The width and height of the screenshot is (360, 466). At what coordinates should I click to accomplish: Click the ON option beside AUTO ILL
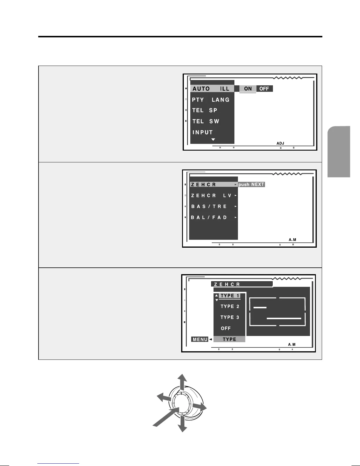(x=248, y=89)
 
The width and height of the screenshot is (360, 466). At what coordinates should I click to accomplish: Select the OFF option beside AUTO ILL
(x=264, y=89)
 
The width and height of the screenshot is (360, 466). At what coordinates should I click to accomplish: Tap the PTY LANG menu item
(x=211, y=100)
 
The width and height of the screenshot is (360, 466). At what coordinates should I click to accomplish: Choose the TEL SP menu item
(x=205, y=110)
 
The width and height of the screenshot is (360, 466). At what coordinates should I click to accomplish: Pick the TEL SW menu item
(x=206, y=121)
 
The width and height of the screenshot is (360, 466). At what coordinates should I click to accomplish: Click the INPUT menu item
(x=203, y=132)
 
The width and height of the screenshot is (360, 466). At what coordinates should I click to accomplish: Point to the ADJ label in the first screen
(x=280, y=143)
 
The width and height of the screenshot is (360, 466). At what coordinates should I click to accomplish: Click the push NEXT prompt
(x=251, y=184)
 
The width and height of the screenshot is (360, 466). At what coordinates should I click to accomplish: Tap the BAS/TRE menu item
(x=209, y=207)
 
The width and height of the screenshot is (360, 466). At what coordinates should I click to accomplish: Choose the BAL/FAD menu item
(x=209, y=217)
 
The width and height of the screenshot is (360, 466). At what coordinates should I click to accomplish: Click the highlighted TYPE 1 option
(x=230, y=296)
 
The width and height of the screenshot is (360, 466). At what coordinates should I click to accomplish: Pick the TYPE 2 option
(x=230, y=307)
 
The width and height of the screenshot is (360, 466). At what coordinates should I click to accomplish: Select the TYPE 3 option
(x=230, y=317)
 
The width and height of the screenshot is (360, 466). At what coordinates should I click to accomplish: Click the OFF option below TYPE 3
(x=226, y=328)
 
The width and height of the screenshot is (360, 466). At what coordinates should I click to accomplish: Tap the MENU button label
(x=200, y=339)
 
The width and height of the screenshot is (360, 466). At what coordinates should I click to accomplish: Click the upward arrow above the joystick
(x=183, y=381)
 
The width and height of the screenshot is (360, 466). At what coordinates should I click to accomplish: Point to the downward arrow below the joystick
(x=182, y=425)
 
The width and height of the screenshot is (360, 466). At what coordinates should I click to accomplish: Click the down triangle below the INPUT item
(x=213, y=139)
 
